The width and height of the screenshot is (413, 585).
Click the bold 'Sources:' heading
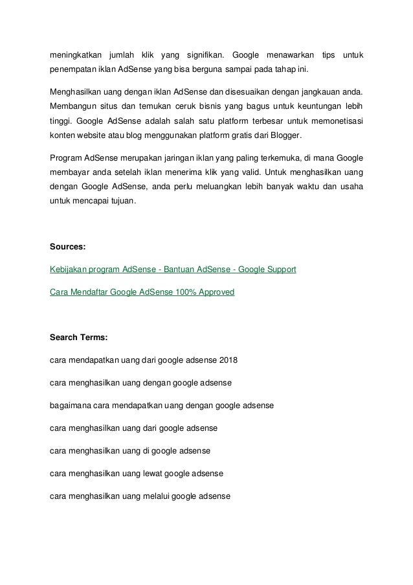pyautogui.click(x=67, y=246)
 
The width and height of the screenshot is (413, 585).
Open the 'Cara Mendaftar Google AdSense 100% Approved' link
pyautogui.click(x=142, y=292)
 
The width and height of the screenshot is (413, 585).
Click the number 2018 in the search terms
pyautogui.click(x=229, y=360)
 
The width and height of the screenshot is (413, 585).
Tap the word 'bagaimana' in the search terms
pyautogui.click(x=69, y=406)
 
